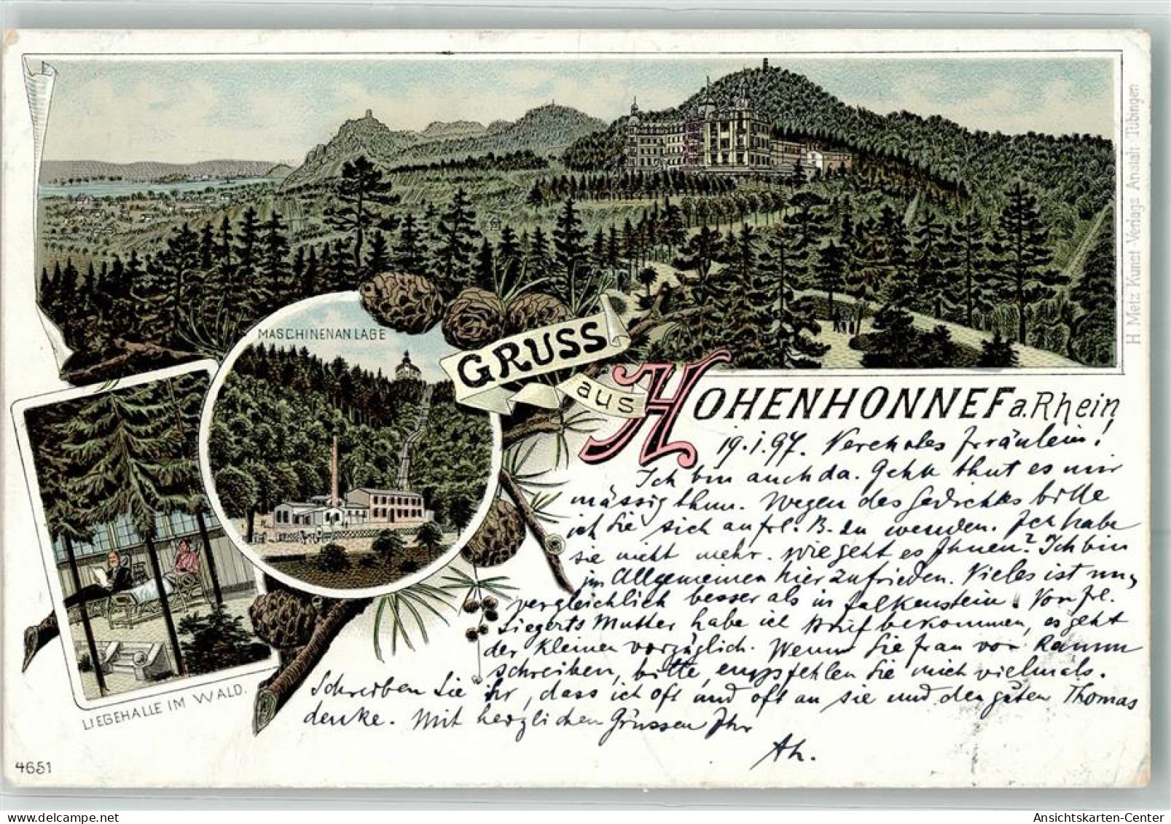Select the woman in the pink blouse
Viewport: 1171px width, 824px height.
click(x=181, y=564)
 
